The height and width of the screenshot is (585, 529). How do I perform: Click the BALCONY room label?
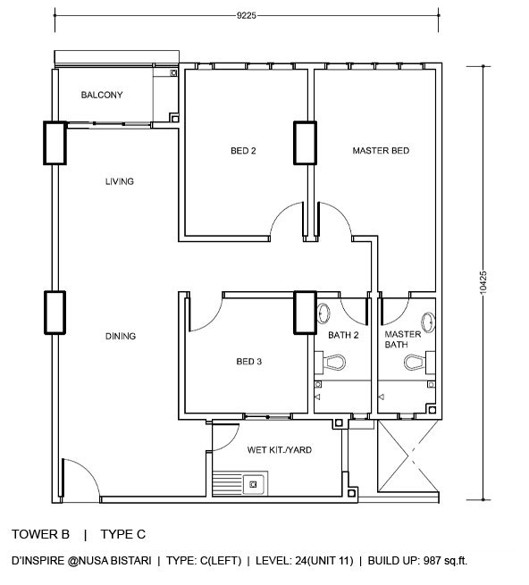(102, 95)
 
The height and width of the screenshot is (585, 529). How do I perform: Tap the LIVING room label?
(120, 181)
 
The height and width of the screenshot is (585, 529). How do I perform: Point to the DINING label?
(121, 336)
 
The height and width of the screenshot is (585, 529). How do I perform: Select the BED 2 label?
(243, 151)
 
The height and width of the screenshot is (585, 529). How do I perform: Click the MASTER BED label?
(381, 151)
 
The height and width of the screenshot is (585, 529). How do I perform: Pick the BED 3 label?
(249, 362)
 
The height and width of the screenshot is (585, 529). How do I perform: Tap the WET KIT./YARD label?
(280, 450)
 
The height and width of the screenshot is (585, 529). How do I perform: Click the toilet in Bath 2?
(332, 362)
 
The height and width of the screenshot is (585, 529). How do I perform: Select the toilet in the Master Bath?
(419, 362)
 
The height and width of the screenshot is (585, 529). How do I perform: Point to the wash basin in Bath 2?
(323, 313)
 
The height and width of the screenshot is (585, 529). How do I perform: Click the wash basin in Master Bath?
(428, 322)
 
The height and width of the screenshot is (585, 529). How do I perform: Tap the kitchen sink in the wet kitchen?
(253, 484)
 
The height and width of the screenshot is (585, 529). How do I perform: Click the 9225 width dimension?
(247, 15)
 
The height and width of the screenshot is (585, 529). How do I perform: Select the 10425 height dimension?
(483, 282)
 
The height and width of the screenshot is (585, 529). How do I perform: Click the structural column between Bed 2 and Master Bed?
(305, 143)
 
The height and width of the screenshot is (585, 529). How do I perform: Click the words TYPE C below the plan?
(122, 534)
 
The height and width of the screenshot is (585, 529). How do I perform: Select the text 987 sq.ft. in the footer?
(445, 561)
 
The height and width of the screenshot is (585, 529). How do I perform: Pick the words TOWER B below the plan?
(40, 534)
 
